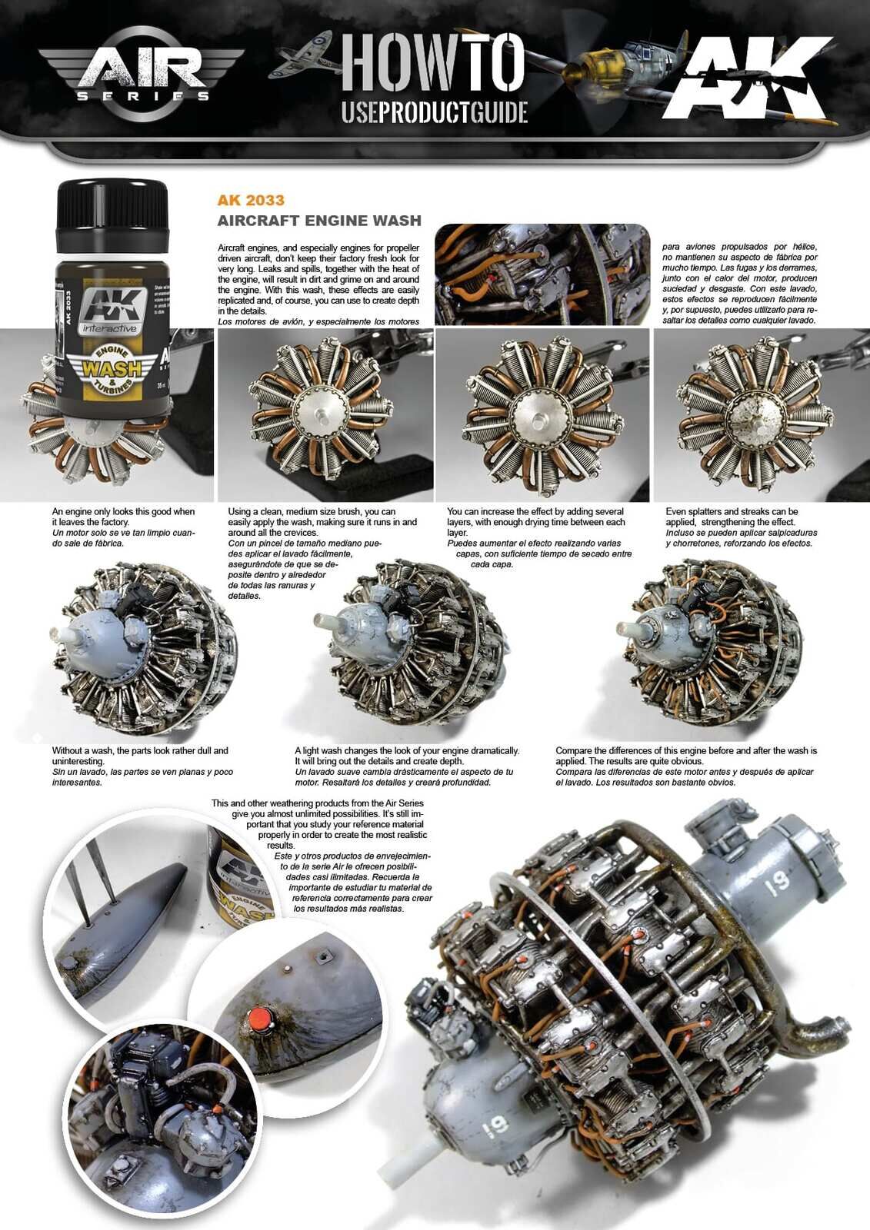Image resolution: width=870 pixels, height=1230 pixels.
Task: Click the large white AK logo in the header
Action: click(750, 77)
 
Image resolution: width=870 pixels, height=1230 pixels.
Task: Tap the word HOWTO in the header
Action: click(433, 62)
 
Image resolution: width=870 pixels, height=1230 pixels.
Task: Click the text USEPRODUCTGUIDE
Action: click(434, 112)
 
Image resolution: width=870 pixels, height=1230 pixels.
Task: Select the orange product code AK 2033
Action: click(251, 201)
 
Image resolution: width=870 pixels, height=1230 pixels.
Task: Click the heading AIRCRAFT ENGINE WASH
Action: click(319, 221)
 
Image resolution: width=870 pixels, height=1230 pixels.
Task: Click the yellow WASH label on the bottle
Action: click(112, 367)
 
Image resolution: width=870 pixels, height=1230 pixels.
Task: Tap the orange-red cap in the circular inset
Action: click(263, 1019)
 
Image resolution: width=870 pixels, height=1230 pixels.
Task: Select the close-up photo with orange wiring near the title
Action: click(542, 274)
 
